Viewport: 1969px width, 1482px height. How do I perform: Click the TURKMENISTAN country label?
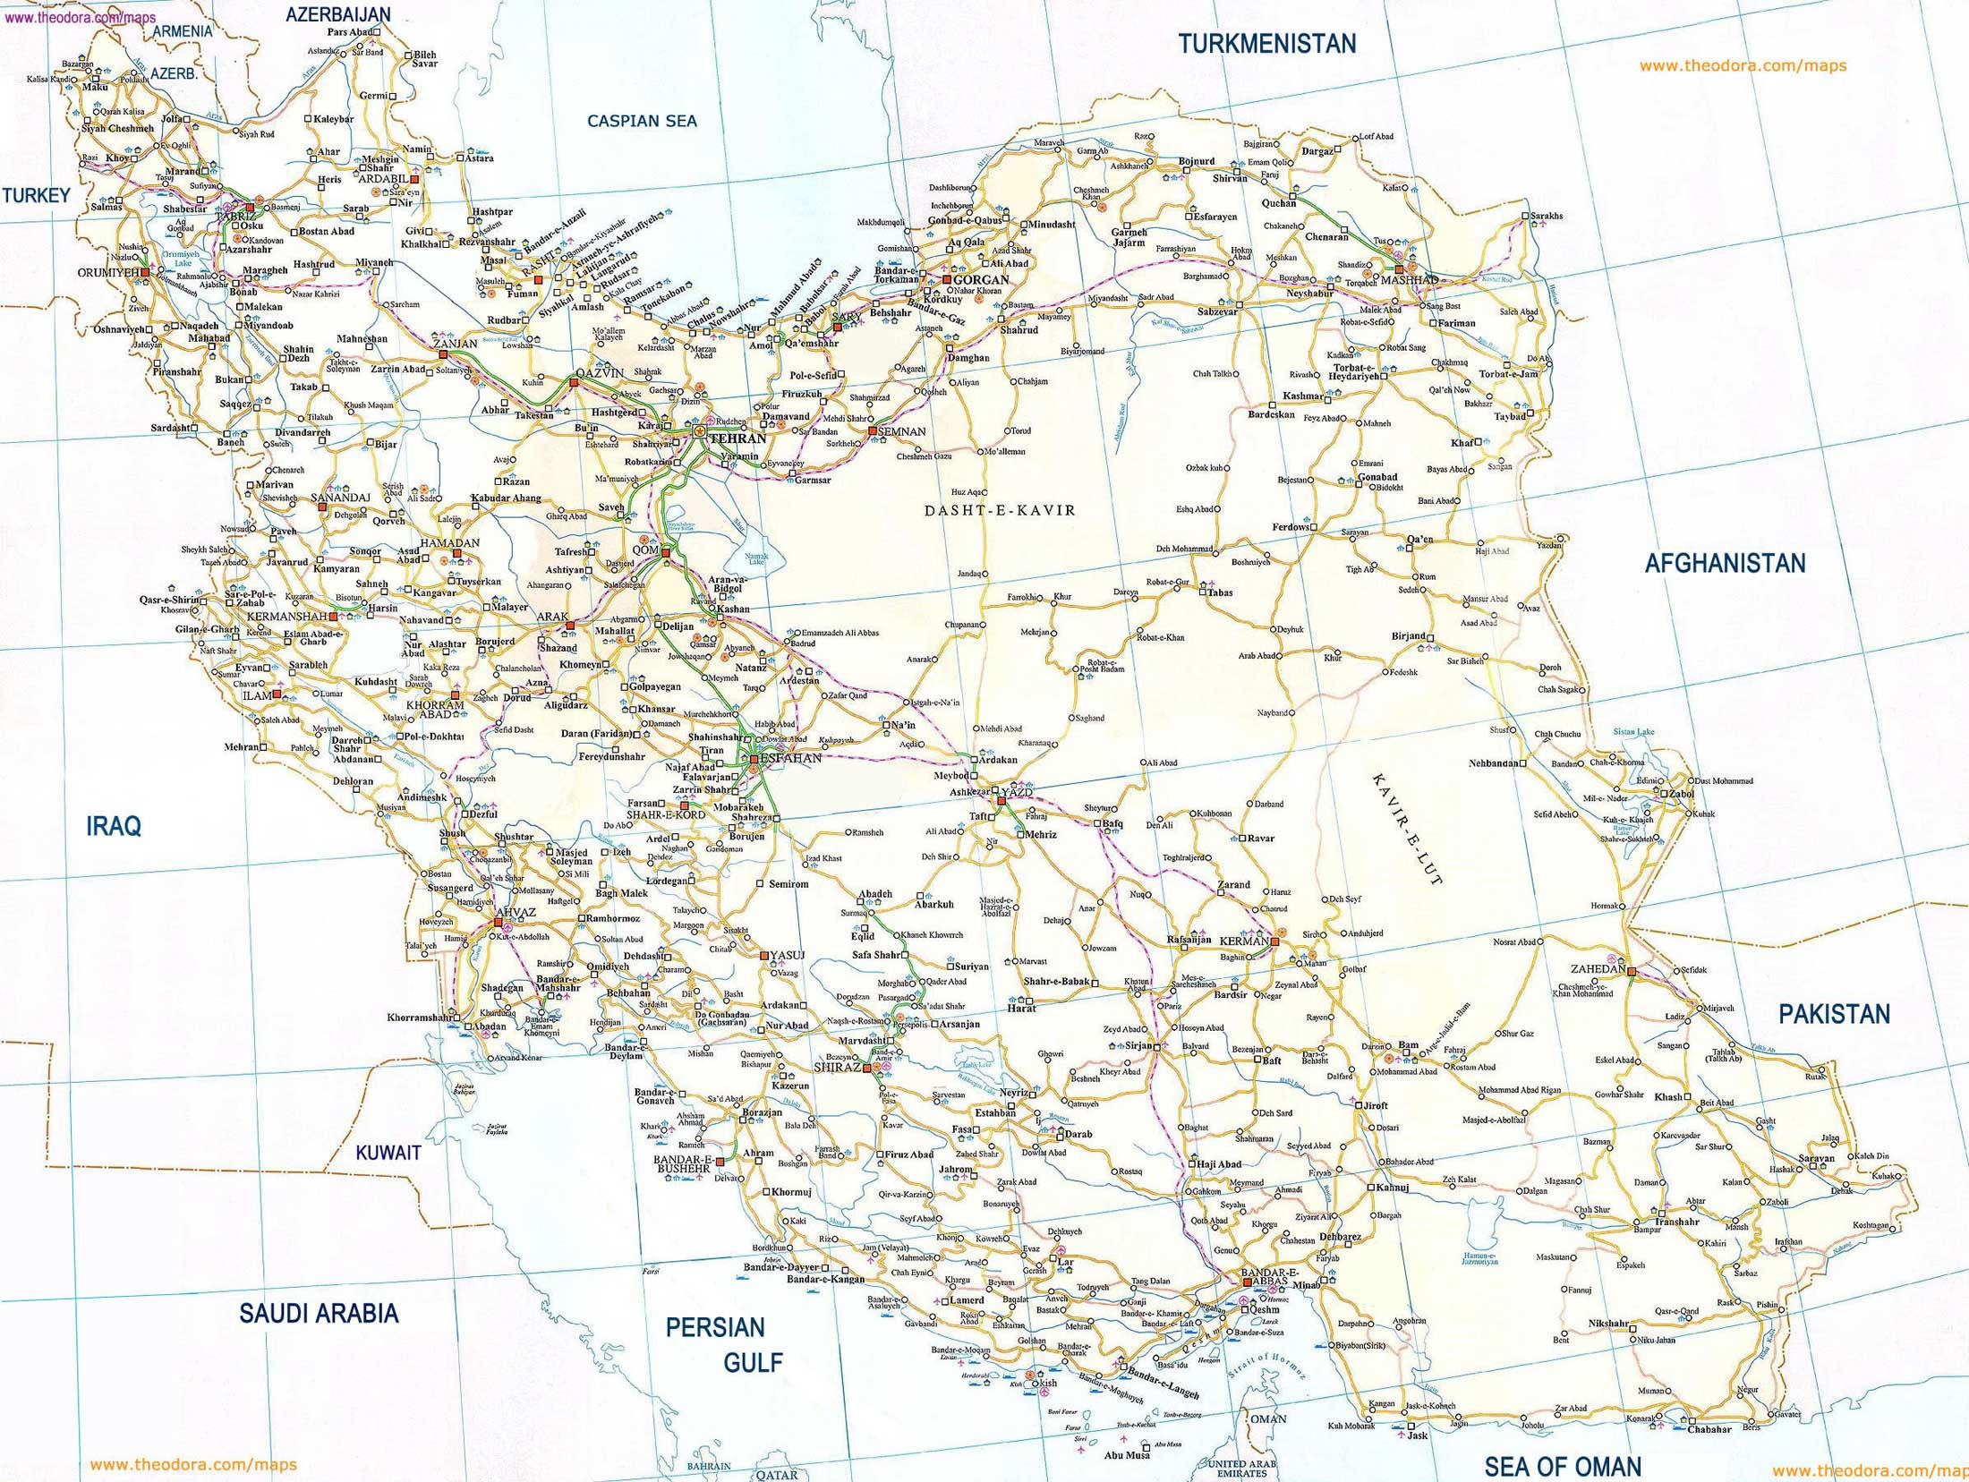1266,43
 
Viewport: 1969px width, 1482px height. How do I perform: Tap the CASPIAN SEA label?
642,121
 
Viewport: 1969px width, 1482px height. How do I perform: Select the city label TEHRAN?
737,439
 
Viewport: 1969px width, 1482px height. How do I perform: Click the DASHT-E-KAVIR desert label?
1000,510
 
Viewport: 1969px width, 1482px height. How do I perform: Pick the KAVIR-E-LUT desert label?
1407,828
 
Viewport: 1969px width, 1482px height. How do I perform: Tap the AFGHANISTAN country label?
1725,563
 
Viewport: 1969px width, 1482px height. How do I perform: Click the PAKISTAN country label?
1834,1014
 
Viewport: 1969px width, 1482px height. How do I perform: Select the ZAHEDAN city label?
1598,969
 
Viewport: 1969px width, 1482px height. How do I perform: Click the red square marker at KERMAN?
1274,941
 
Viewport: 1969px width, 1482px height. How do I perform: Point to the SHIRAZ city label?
837,1068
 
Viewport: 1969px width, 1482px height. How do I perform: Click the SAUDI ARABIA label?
318,1313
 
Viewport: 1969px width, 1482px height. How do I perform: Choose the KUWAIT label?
388,1153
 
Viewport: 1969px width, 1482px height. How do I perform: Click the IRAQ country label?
114,826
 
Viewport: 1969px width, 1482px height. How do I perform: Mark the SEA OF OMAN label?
1563,1467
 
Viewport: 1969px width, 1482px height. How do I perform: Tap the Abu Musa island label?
1127,1455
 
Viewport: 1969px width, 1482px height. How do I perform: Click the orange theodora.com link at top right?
1743,65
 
